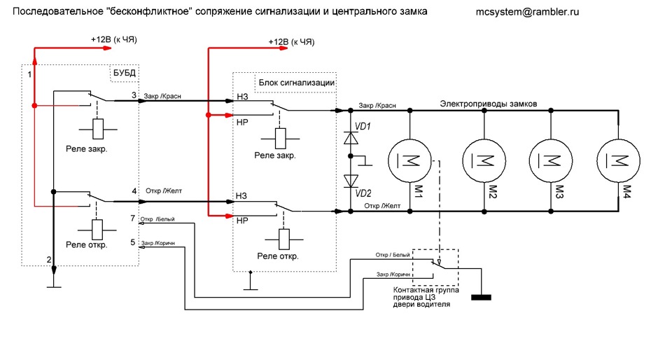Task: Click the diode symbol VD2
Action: click(350, 181)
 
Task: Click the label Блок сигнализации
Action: click(296, 83)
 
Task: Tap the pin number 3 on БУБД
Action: click(134, 95)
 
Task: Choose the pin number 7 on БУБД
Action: click(133, 219)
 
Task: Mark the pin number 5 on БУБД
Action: click(133, 242)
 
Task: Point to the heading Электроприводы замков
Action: click(488, 104)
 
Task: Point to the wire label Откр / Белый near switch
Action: click(391, 255)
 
